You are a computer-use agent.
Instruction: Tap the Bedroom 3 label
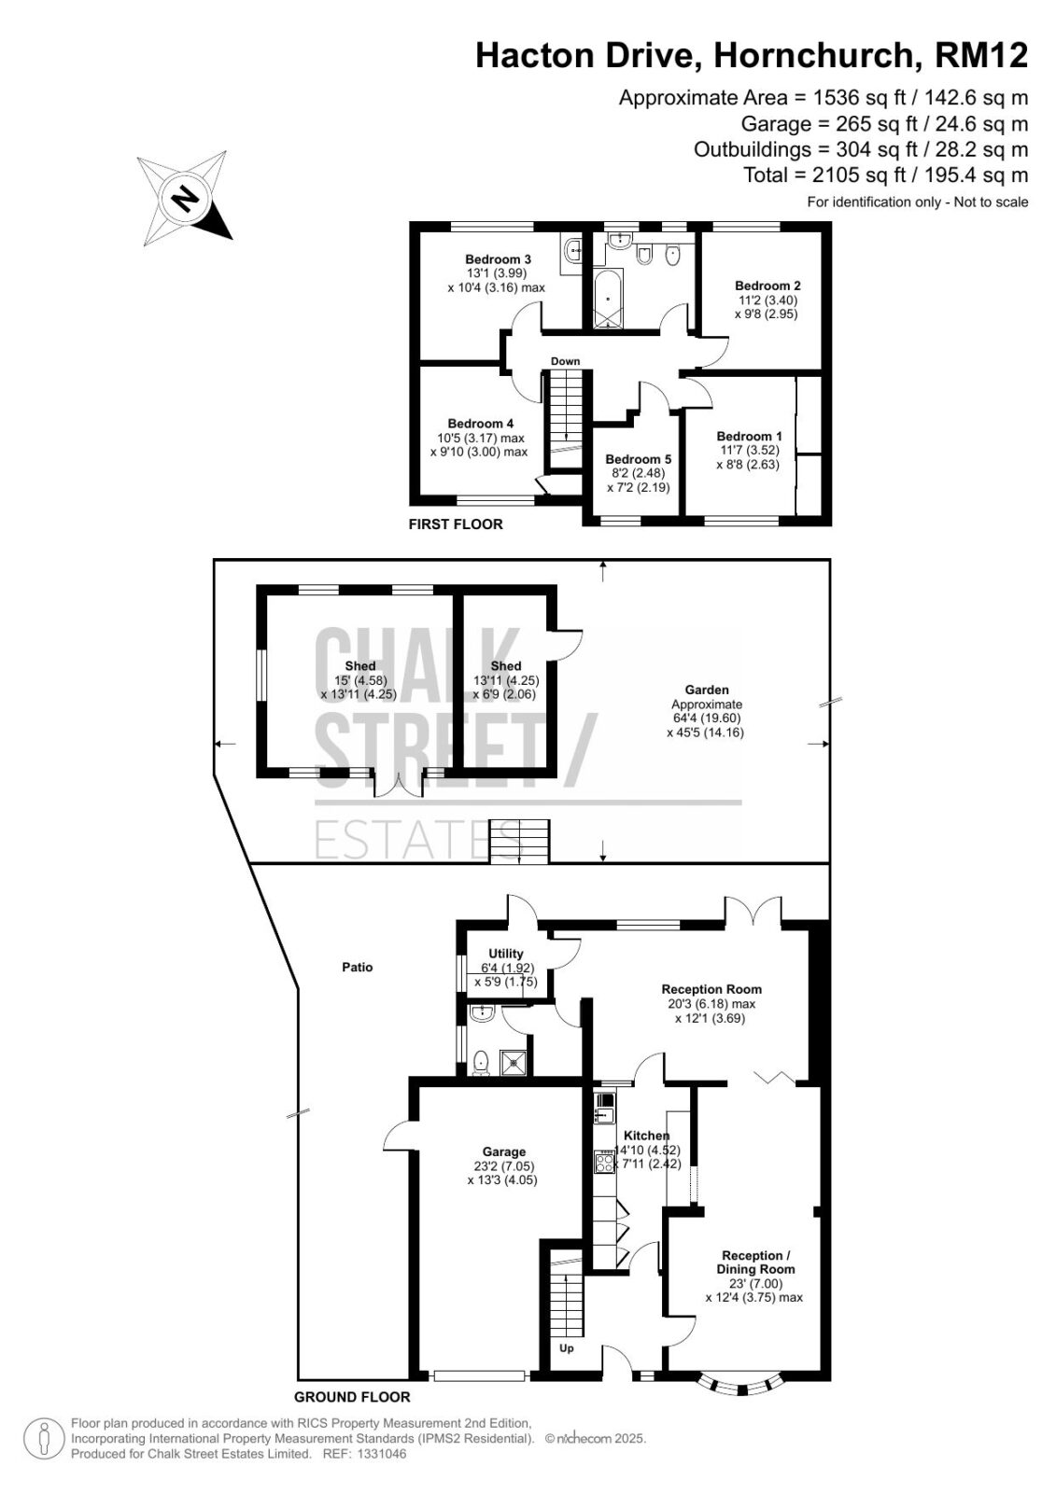[x=498, y=259]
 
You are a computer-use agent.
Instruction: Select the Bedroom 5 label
[x=639, y=459]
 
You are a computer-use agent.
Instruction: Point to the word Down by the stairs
[x=565, y=361]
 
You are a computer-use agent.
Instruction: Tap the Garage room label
[x=504, y=1151]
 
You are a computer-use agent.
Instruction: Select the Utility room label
[x=506, y=954]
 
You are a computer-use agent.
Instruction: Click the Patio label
[x=358, y=967]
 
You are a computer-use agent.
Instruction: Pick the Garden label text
[x=707, y=690]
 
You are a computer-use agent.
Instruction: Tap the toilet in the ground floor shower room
[x=480, y=1063]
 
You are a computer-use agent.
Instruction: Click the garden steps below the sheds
[x=520, y=842]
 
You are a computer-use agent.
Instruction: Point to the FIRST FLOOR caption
[x=456, y=523]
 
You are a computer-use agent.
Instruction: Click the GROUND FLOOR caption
[x=352, y=1397]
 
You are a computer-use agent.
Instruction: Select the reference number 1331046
[x=382, y=1454]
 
